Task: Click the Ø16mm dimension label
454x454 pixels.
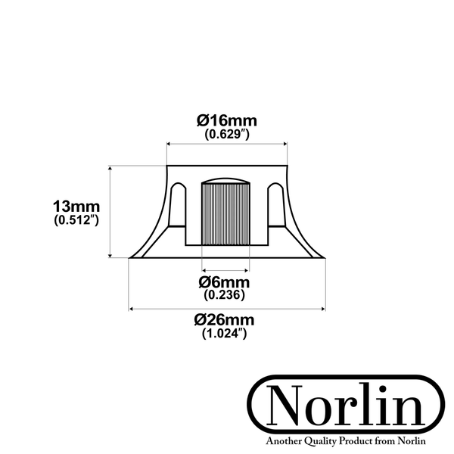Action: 227,120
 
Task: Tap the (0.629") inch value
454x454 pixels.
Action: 227,134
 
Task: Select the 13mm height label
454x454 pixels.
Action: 76,207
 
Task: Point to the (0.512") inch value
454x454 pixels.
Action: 76,220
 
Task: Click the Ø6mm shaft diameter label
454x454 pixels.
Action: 224,282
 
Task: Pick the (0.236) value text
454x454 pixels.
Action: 225,295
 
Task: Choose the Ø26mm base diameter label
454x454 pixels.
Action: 225,320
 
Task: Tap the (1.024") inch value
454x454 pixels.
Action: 225,334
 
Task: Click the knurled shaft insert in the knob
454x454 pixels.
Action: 225,214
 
